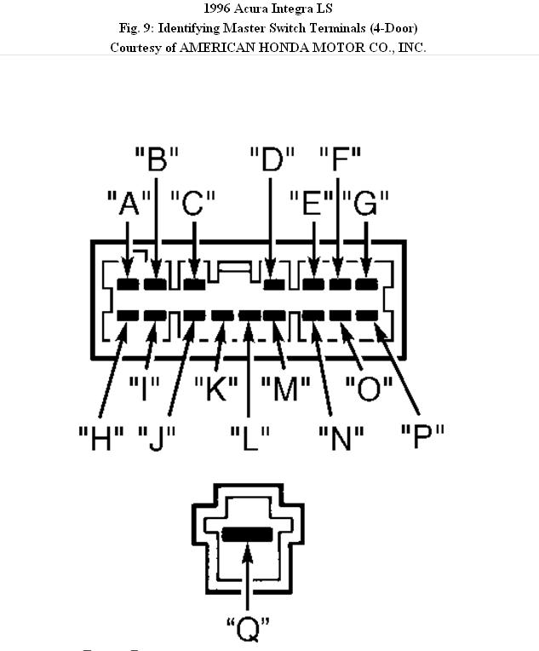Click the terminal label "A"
click(x=129, y=204)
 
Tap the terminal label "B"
click(x=157, y=158)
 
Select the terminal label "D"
click(x=272, y=158)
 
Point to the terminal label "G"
click(x=366, y=204)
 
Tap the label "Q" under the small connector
click(x=248, y=631)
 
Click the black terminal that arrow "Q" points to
click(x=247, y=534)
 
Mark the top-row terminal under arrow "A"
click(x=128, y=284)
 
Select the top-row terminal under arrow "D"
click(x=273, y=284)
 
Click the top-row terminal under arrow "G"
click(x=366, y=284)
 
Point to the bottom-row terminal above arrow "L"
click(x=249, y=315)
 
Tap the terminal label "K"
click(x=215, y=389)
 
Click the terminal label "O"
click(x=369, y=389)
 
